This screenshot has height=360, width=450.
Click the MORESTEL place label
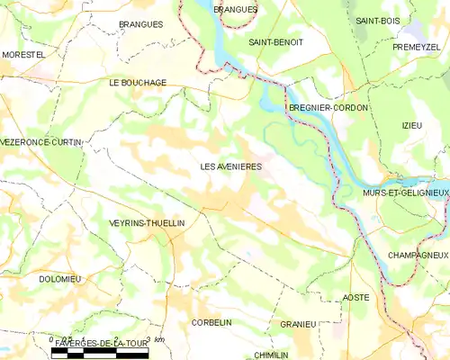pos(22,55)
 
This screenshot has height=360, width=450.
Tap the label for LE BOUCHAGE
pos(137,82)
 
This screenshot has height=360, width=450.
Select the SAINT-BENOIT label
pos(275,41)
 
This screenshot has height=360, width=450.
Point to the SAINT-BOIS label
pos(377,20)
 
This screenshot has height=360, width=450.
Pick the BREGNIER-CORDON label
pos(328,108)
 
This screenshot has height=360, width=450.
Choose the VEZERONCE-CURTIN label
pos(41,142)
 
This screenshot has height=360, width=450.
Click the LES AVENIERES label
pos(230,166)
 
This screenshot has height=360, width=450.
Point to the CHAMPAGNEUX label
pos(418,256)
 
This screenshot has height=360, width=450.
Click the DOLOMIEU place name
pos(59,279)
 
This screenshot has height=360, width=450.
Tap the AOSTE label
pos(356,297)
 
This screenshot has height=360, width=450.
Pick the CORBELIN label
pos(211,321)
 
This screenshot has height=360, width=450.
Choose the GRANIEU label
pos(298,324)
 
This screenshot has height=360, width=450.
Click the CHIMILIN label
pos(271,355)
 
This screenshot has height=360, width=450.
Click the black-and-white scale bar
pos(99,354)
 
